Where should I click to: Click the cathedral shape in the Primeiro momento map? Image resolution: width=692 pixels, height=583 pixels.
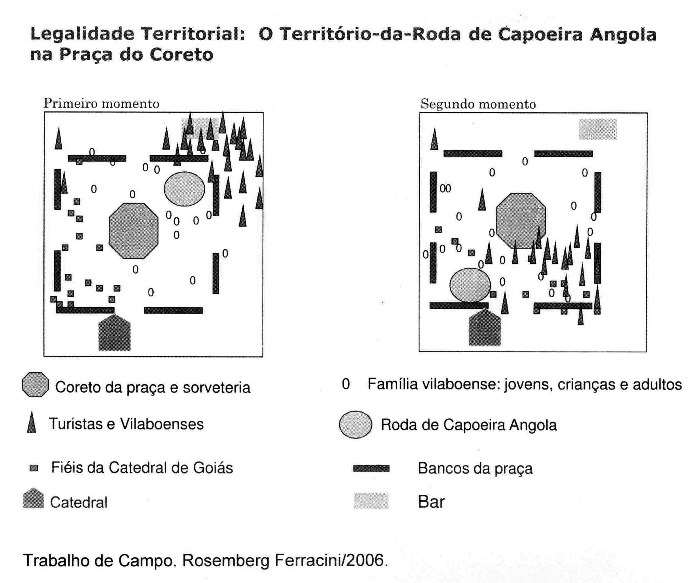pyautogui.click(x=114, y=333)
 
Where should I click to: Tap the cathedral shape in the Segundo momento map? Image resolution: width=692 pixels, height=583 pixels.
pyautogui.click(x=484, y=328)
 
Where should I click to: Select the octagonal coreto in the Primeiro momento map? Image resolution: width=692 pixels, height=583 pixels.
pyautogui.click(x=133, y=231)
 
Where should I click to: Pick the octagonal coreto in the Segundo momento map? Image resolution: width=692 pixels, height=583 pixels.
pyautogui.click(x=521, y=220)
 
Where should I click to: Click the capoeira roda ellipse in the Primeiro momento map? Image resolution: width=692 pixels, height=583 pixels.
pyautogui.click(x=184, y=189)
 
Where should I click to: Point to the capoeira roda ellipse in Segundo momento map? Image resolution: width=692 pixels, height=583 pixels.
pyautogui.click(x=470, y=285)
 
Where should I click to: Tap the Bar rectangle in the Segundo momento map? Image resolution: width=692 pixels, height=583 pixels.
pyautogui.click(x=597, y=129)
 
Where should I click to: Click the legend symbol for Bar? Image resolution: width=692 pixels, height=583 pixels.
pyautogui.click(x=371, y=501)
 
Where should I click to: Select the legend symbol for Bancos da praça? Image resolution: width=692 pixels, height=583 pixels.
pyautogui.click(x=371, y=468)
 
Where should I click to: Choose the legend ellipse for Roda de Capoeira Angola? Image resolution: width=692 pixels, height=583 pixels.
pyautogui.click(x=355, y=425)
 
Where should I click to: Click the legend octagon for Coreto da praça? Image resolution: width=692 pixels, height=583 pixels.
pyautogui.click(x=35, y=385)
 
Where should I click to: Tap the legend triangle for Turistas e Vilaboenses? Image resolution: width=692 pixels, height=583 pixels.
pyautogui.click(x=31, y=423)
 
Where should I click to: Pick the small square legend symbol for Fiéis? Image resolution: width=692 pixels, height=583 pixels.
pyautogui.click(x=34, y=468)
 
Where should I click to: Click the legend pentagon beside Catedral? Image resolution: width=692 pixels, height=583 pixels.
pyautogui.click(x=33, y=499)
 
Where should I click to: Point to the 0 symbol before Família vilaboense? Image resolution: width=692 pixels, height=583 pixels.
pyautogui.click(x=346, y=384)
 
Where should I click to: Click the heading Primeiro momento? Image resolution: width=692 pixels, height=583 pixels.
pyautogui.click(x=101, y=103)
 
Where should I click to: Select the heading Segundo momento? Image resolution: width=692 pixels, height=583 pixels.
pyautogui.click(x=478, y=104)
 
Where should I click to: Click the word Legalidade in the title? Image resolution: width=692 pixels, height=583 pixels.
pyautogui.click(x=81, y=34)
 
